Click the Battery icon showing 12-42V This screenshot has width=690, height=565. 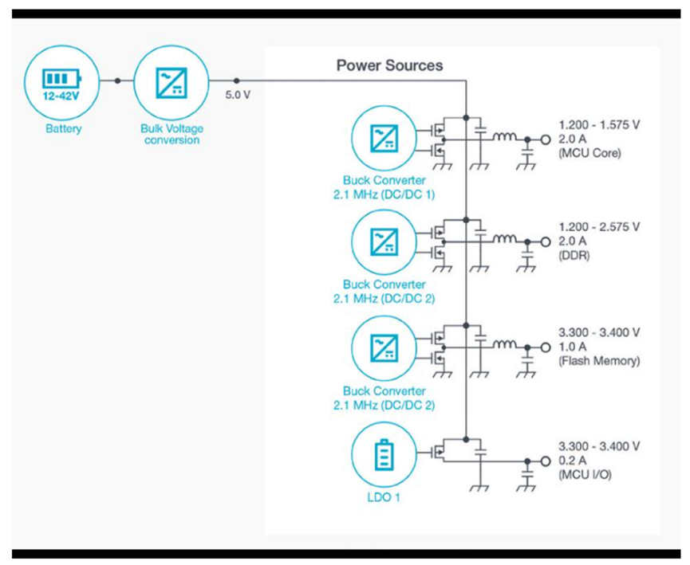click(x=62, y=81)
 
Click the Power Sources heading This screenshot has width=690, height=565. click(x=389, y=65)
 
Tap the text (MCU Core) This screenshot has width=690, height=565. click(x=589, y=153)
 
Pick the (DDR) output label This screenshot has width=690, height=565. click(x=573, y=256)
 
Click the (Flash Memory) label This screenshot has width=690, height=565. click(x=599, y=361)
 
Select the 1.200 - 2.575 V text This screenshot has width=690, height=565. click(x=600, y=227)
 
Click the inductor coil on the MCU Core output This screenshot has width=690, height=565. click(x=504, y=138)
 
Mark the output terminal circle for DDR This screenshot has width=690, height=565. click(x=546, y=241)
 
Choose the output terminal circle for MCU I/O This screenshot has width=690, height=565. click(x=546, y=461)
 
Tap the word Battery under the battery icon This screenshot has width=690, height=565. click(x=62, y=128)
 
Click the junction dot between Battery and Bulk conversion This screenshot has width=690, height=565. click(x=117, y=81)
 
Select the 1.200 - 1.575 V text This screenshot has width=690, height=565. click(x=600, y=124)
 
